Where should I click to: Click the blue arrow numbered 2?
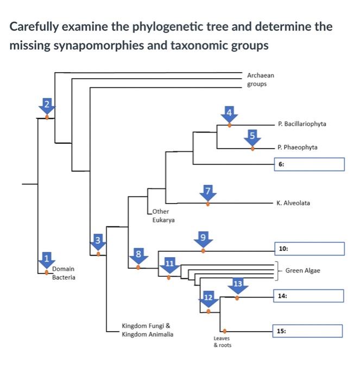click(x=47, y=106)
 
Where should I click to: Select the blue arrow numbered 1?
click(x=47, y=260)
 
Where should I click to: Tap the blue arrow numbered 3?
click(x=98, y=242)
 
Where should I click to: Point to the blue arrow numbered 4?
click(x=229, y=115)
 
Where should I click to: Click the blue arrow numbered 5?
click(x=252, y=137)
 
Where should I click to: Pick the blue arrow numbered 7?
click(x=207, y=193)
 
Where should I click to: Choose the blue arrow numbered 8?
click(x=138, y=256)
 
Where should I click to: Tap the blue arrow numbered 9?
click(x=203, y=239)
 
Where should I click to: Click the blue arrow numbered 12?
click(x=209, y=300)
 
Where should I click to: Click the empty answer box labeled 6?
click(x=309, y=164)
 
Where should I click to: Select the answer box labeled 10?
click(x=309, y=249)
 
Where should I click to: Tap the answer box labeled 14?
click(x=309, y=296)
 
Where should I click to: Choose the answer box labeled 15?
click(x=308, y=331)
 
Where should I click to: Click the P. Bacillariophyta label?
click(x=301, y=124)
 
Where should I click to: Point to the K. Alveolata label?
click(x=293, y=203)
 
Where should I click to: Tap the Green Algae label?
click(x=302, y=270)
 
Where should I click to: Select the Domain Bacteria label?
click(x=64, y=273)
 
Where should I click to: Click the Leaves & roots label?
click(x=222, y=341)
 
